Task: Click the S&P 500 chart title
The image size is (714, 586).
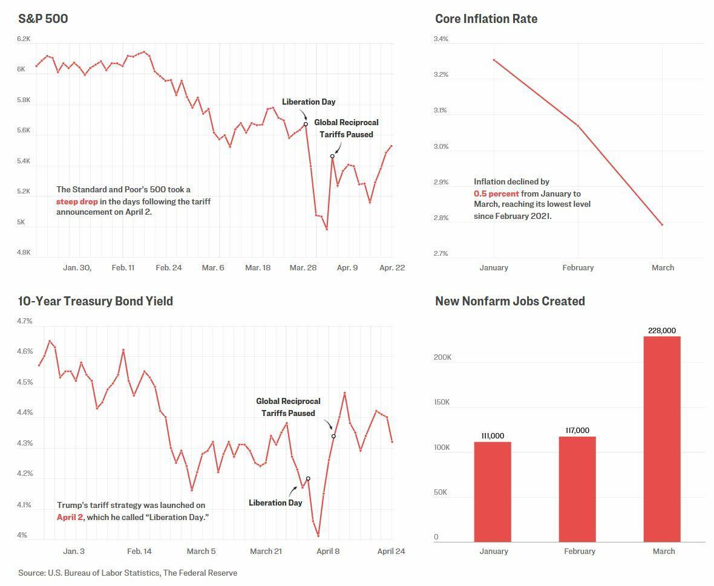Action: coord(43,19)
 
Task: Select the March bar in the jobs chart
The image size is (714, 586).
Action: coord(662,438)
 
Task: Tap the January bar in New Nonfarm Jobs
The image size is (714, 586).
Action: coord(493,492)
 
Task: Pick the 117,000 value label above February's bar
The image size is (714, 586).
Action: coord(577,431)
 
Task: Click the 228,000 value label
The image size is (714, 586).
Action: coord(662,331)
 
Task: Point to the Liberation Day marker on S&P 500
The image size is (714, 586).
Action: coord(306,124)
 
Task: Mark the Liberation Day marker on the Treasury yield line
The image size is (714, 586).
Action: coord(308,478)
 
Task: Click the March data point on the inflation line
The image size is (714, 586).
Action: coord(662,224)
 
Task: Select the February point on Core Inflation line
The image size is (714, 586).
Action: coord(578,126)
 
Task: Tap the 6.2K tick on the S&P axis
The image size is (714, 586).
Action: coord(24,39)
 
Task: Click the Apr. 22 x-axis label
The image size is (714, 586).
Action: coord(392,267)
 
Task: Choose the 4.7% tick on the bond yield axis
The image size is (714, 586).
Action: coord(25,321)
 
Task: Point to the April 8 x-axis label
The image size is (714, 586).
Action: coord(328,551)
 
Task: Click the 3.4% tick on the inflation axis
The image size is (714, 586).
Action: coord(441,39)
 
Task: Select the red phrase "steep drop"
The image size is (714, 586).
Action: coord(77,201)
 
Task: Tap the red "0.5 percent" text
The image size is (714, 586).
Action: coord(496,194)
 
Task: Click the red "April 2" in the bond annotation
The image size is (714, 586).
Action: coord(70,517)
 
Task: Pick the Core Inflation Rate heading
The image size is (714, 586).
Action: coord(486,19)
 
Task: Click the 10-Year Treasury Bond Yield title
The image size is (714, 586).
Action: coord(96,301)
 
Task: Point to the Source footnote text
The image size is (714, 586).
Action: coord(128,573)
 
